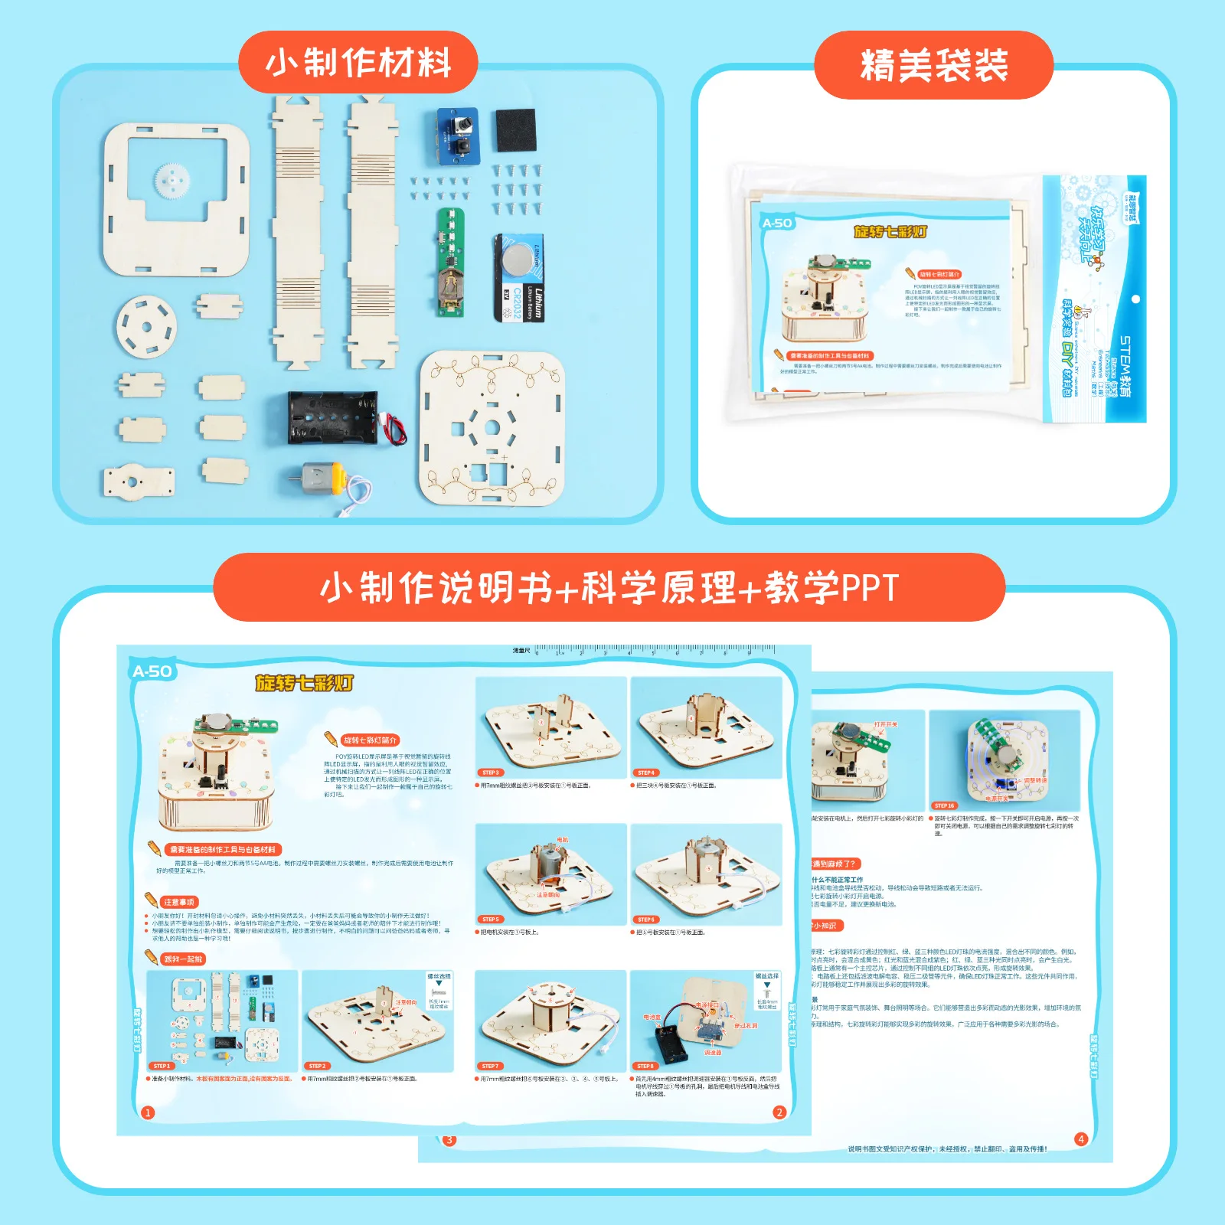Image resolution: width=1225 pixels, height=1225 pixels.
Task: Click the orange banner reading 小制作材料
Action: click(358, 63)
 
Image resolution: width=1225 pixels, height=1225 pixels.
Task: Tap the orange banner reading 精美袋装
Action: click(933, 65)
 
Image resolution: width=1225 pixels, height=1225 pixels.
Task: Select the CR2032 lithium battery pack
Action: click(520, 277)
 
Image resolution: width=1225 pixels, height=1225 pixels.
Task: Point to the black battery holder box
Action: click(333, 418)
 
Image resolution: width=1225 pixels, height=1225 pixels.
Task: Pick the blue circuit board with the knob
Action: click(458, 136)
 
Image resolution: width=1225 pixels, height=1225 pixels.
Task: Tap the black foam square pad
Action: click(515, 130)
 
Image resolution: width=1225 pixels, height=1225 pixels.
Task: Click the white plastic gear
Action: click(175, 181)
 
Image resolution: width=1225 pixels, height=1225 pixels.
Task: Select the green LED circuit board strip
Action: click(451, 261)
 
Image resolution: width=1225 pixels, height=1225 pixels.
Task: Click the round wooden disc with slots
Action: click(146, 325)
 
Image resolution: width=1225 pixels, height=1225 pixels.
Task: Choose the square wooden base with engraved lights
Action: click(492, 428)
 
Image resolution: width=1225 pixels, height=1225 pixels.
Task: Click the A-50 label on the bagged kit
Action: click(777, 223)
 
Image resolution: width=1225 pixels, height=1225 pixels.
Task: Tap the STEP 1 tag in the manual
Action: click(162, 1066)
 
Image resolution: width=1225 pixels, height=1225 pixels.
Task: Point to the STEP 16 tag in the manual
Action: click(944, 805)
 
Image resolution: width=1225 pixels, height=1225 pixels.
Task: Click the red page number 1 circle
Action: click(148, 1112)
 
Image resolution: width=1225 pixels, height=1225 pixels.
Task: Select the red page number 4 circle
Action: click(1081, 1139)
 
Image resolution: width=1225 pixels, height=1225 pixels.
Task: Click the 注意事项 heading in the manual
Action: click(179, 902)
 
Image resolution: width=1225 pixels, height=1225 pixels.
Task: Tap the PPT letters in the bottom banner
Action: click(870, 588)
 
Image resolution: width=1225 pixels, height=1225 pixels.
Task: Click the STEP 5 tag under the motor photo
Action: click(490, 919)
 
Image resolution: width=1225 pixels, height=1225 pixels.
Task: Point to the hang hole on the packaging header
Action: click(1135, 299)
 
